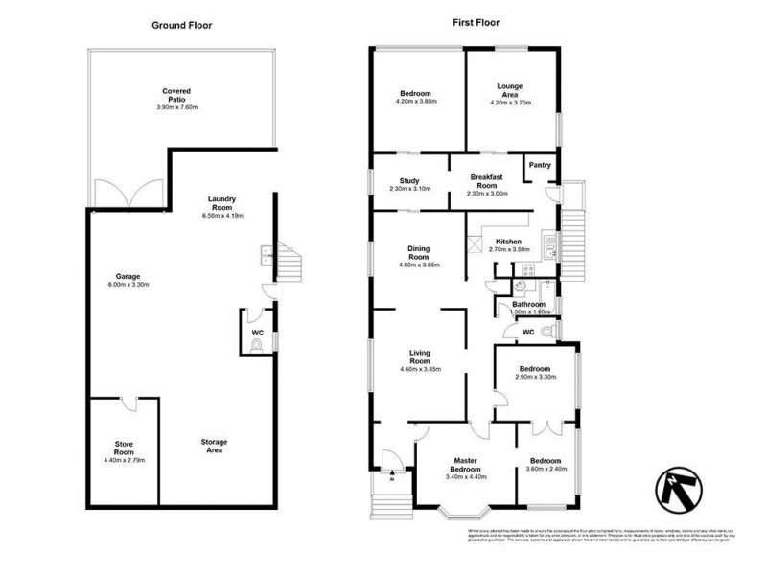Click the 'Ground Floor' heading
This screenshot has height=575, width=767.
(181, 24)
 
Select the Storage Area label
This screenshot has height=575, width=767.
(214, 447)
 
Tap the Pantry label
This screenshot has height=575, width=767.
(540, 165)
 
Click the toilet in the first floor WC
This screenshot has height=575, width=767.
(546, 331)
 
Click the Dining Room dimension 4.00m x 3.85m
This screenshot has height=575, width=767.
(418, 264)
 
